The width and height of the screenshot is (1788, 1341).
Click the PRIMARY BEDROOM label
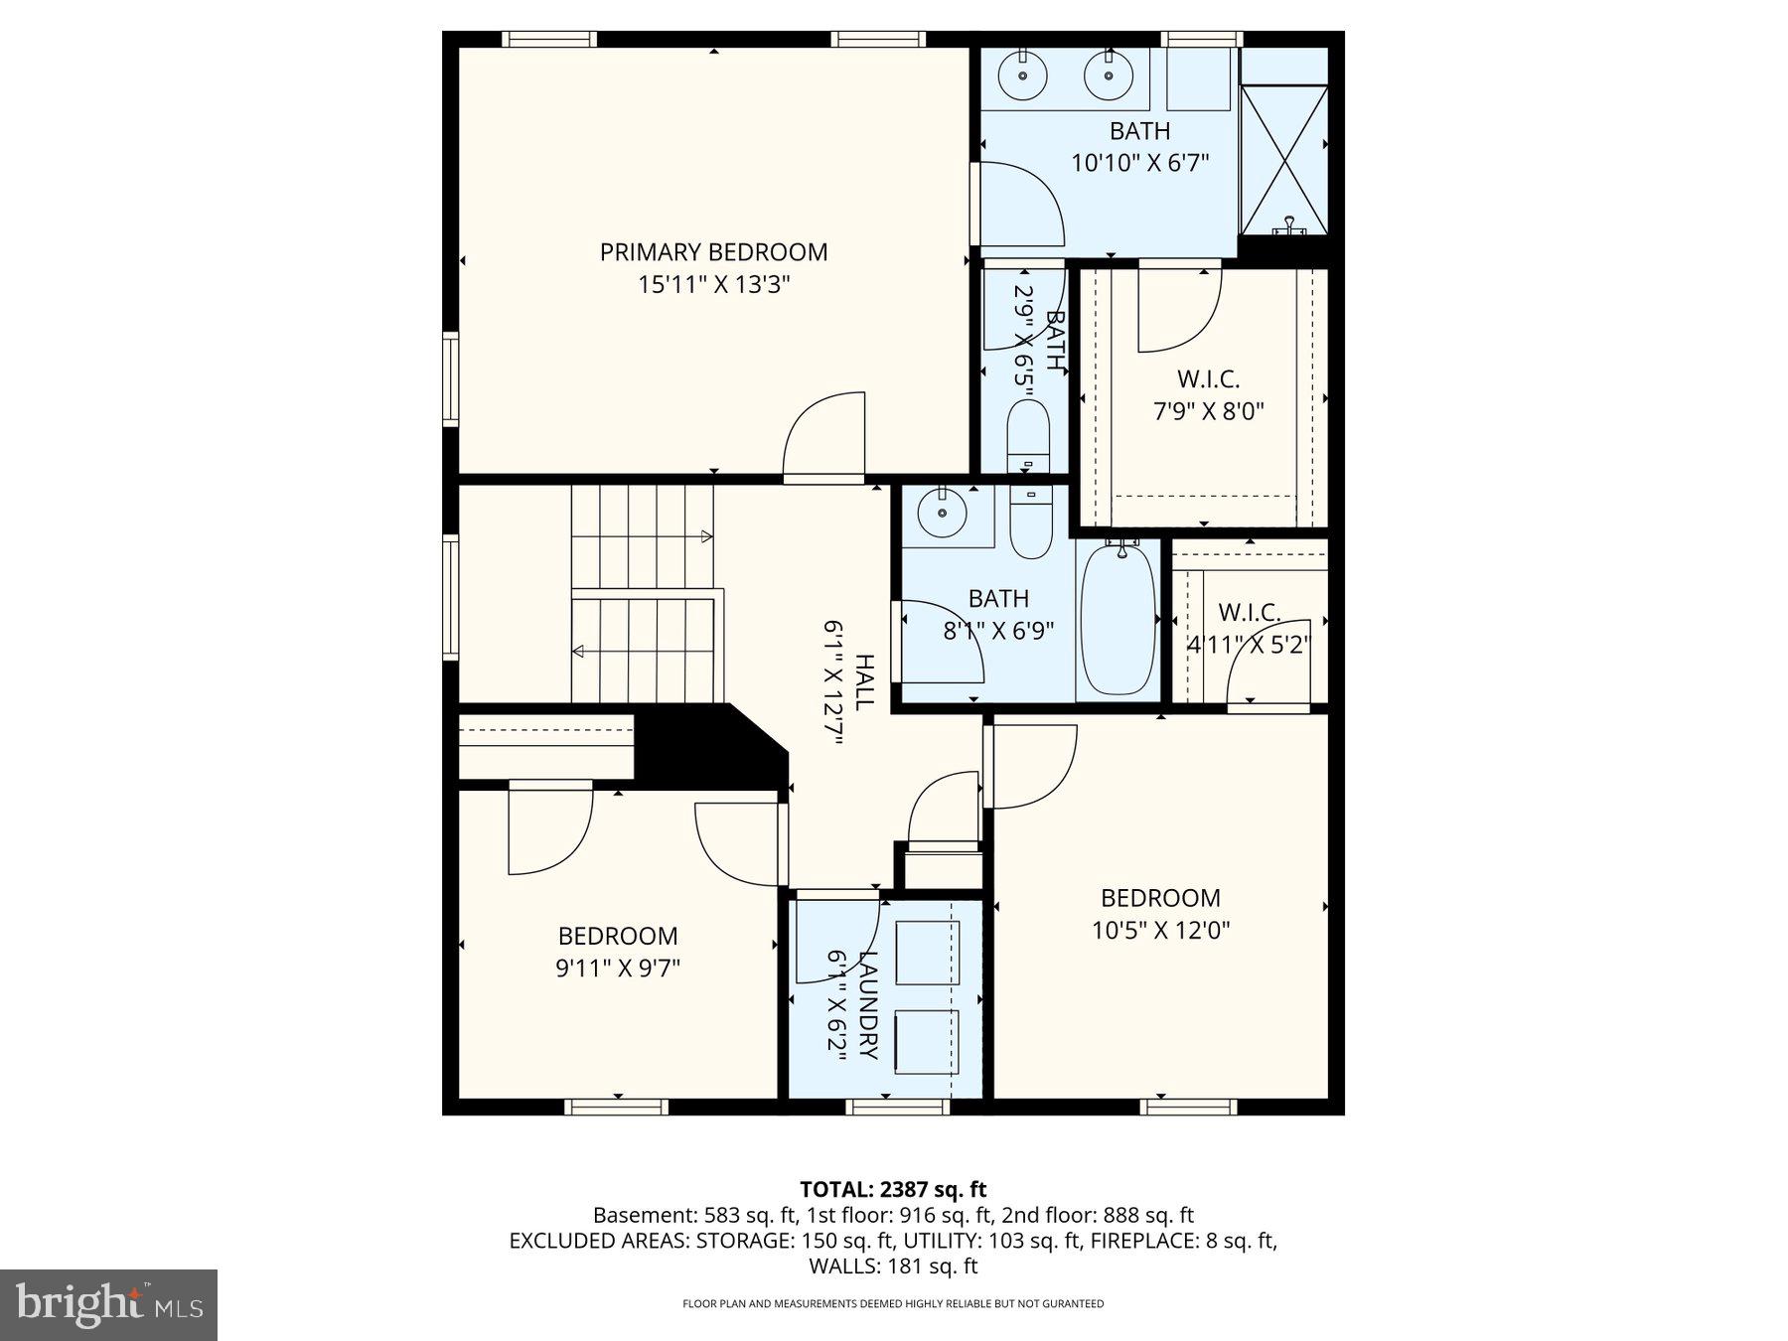[x=713, y=252]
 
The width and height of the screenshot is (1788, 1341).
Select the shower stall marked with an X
[x=1284, y=160]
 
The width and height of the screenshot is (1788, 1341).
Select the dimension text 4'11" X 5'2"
[x=1249, y=645]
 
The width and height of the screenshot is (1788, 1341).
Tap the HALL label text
[x=865, y=682]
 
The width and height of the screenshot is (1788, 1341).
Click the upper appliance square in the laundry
[x=928, y=953]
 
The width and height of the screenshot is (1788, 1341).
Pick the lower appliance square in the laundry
[x=928, y=1042]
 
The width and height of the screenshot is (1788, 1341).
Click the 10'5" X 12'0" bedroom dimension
[x=1160, y=931]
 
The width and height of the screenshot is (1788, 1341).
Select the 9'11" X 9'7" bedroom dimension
[x=617, y=968]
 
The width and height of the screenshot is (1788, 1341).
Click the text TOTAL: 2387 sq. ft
[x=893, y=1189]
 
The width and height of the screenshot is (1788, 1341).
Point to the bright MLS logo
[x=108, y=1304]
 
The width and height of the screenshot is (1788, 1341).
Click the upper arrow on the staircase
[x=706, y=536]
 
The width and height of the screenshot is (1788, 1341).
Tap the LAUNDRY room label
[x=867, y=1005]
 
